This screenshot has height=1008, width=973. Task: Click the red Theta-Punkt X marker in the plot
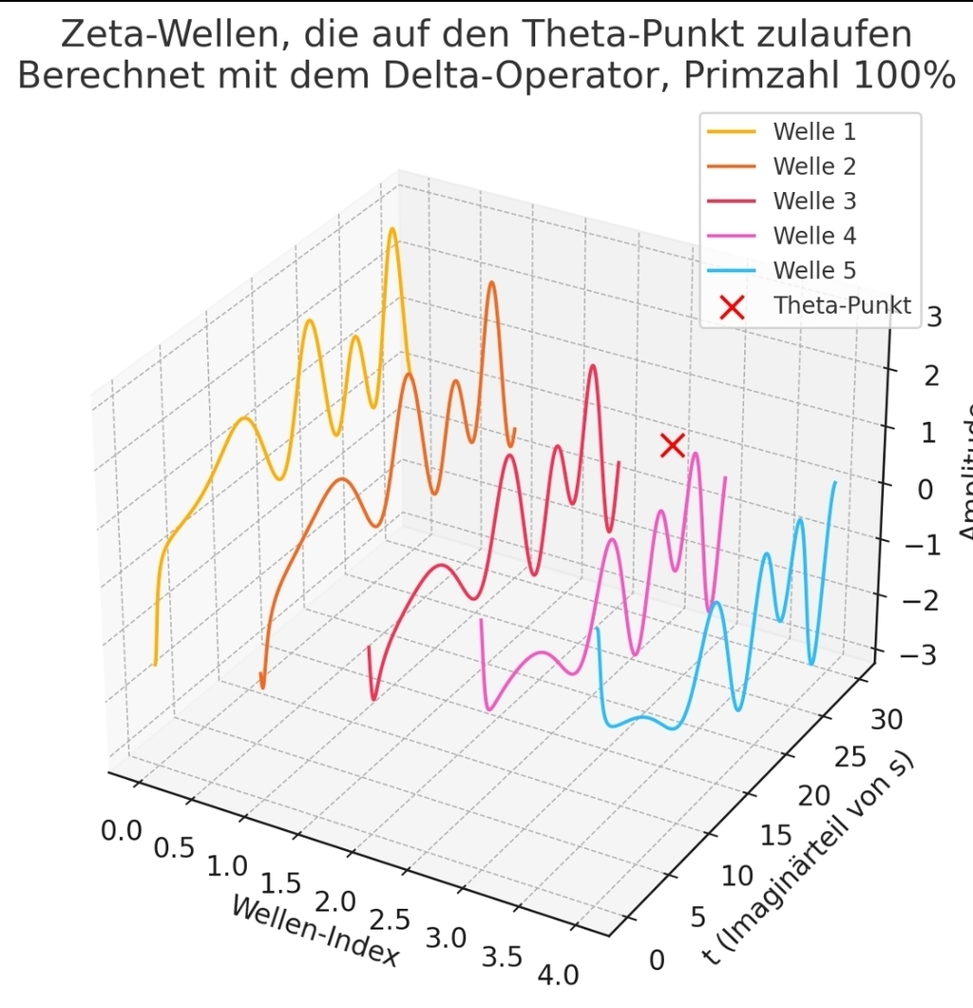tap(673, 444)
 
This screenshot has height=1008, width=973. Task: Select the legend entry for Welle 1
tap(814, 131)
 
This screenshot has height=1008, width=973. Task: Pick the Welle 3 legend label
tap(814, 201)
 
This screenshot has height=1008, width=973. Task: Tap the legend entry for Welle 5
tap(814, 270)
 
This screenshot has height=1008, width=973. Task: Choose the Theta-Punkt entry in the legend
tap(841, 305)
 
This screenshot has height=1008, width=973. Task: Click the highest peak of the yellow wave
tap(391, 229)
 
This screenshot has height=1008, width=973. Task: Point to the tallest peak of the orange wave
tap(491, 282)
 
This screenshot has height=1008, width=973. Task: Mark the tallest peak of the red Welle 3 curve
tap(593, 366)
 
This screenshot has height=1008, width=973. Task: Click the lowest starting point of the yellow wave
tap(155, 664)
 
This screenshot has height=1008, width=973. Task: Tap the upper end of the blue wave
tap(835, 482)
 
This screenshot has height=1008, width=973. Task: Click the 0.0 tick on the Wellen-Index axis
tap(122, 830)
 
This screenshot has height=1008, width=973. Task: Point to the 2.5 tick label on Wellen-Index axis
tap(389, 919)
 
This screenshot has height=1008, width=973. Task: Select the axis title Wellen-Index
tap(315, 933)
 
